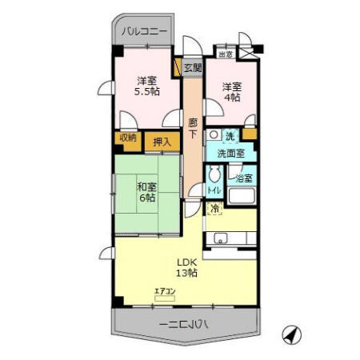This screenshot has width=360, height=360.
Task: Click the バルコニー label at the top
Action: (145, 33)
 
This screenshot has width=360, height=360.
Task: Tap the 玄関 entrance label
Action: (192, 68)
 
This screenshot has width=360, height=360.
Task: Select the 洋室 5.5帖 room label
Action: (146, 86)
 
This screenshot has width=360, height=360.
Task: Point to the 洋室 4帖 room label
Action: (232, 92)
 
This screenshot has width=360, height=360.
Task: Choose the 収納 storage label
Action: (129, 138)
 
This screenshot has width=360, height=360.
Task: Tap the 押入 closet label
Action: (162, 142)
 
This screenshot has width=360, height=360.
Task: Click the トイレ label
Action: (214, 190)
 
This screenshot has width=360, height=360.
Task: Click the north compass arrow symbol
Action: (292, 334)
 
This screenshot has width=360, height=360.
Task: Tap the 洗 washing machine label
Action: (230, 136)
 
